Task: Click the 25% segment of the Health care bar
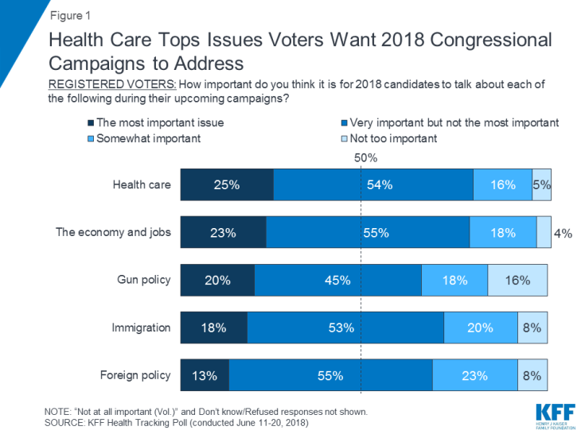tap(227, 185)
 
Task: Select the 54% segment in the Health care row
tap(373, 185)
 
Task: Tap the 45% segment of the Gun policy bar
tap(337, 280)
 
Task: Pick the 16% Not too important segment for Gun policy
tap(517, 280)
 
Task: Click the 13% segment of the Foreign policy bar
tap(205, 375)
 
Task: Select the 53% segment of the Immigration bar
tap(345, 328)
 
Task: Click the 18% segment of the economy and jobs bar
tap(502, 233)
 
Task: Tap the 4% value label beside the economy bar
tap(564, 233)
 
